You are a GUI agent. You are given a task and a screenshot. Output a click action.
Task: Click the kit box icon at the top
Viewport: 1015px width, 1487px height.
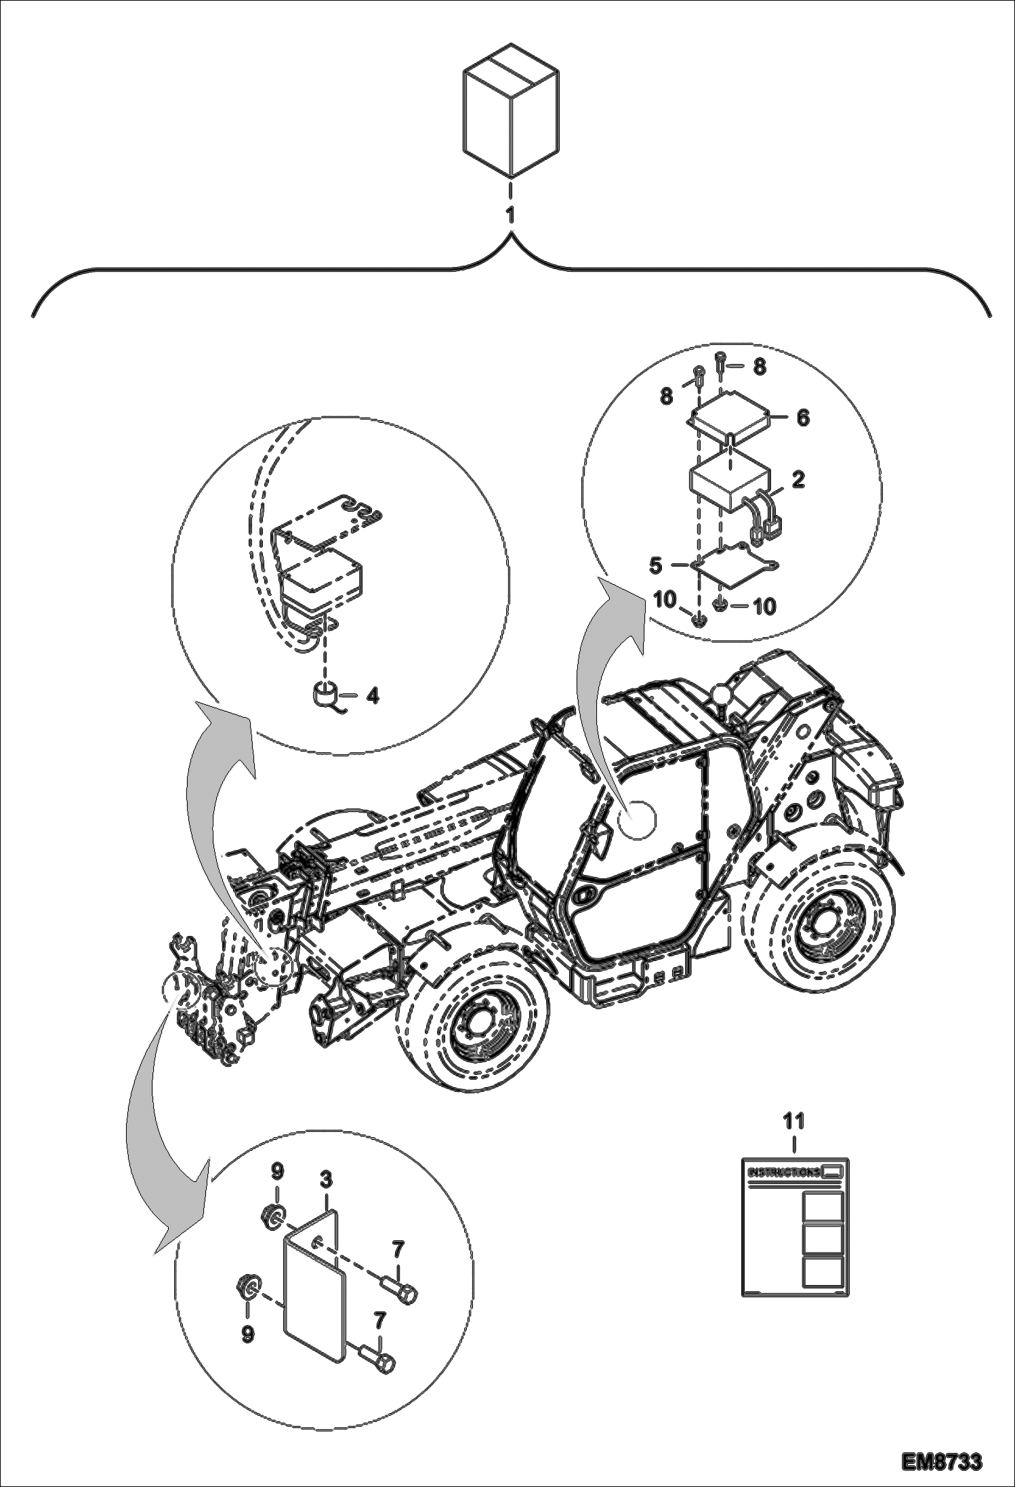pos(511,109)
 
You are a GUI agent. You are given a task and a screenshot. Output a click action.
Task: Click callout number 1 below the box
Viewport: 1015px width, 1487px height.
pos(510,216)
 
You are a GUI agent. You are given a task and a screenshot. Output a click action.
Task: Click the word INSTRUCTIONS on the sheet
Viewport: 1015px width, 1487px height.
pos(782,1172)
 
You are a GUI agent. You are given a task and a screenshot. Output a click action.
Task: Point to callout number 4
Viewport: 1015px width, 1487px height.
pos(372,696)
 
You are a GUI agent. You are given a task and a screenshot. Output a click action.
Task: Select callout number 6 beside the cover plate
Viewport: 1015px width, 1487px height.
pos(803,418)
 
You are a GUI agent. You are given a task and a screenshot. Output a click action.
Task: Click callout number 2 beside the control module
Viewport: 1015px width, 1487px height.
pos(798,480)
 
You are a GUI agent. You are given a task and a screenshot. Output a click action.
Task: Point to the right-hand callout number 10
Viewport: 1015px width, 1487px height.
pos(764,607)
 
